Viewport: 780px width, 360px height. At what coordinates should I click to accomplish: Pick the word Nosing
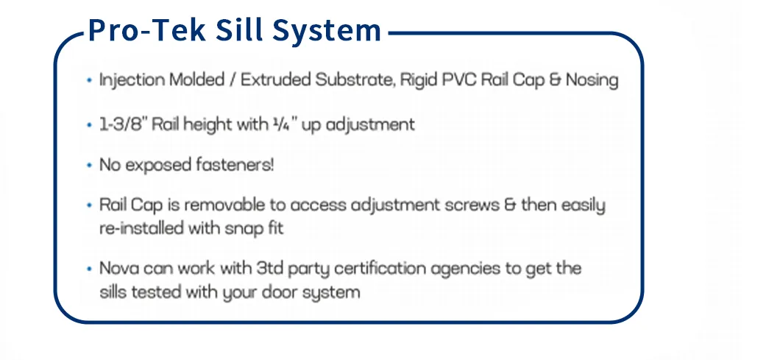point(592,80)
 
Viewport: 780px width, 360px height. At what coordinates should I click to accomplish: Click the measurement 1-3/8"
point(121,124)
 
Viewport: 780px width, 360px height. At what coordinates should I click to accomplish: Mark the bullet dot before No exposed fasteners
point(89,165)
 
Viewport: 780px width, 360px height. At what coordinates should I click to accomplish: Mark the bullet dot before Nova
point(89,269)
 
